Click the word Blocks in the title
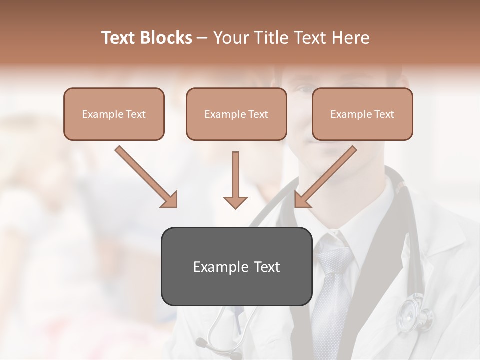pos(167,38)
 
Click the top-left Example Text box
pos(114,114)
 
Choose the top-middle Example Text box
pos(236,114)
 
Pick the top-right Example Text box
pos(362,114)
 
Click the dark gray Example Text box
pos(236,266)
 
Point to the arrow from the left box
pos(145,176)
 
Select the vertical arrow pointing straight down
pos(235,180)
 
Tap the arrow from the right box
pos(326,176)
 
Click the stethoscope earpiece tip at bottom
pos(200,343)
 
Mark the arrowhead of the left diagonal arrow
pos(170,200)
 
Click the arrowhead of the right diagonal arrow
pos(302,200)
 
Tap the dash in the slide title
pos(202,38)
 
